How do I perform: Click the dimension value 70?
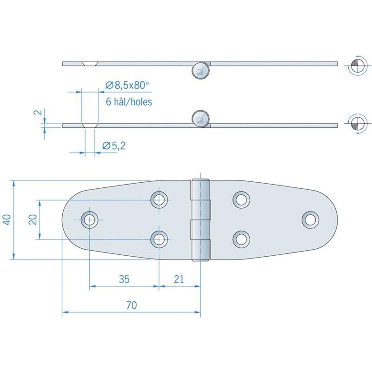coord(132,305)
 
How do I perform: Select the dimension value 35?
coord(124,279)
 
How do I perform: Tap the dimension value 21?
coord(179,279)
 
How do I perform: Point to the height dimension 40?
coord(7,219)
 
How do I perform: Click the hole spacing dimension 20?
coord(33,219)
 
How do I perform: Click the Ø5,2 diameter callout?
coord(114,146)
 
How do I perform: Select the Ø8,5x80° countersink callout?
coord(127,85)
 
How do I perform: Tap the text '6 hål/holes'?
coord(129,102)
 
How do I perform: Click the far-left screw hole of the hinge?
coord(89,220)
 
